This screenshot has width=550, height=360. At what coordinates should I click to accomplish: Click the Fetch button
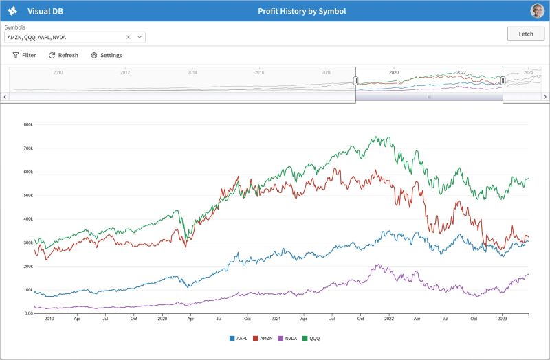tap(525, 34)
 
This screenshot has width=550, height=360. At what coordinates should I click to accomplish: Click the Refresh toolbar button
tap(63, 55)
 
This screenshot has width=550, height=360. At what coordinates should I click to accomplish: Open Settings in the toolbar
tap(107, 55)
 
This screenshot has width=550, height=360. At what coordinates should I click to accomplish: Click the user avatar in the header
tap(537, 11)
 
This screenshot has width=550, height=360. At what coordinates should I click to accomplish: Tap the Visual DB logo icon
tap(12, 11)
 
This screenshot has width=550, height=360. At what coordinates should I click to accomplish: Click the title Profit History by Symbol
tap(302, 11)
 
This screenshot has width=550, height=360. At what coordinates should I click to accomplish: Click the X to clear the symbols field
tap(129, 37)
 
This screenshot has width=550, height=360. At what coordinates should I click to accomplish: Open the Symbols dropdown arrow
tap(139, 37)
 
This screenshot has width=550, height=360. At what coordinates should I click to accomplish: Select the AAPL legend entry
tap(239, 338)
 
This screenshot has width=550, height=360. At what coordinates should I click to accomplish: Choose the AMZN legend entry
tap(265, 338)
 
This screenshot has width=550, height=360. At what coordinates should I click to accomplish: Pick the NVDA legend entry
tap(289, 338)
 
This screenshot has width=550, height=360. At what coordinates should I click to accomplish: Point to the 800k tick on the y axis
tap(28, 124)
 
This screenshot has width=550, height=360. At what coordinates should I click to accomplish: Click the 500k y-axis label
tap(28, 195)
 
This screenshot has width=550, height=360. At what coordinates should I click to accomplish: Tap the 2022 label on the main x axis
tap(389, 319)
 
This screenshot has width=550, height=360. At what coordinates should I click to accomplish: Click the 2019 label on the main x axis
tap(49, 319)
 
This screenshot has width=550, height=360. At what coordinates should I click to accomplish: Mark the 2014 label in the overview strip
tap(192, 72)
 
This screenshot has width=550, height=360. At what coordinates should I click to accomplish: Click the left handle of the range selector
tap(356, 80)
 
